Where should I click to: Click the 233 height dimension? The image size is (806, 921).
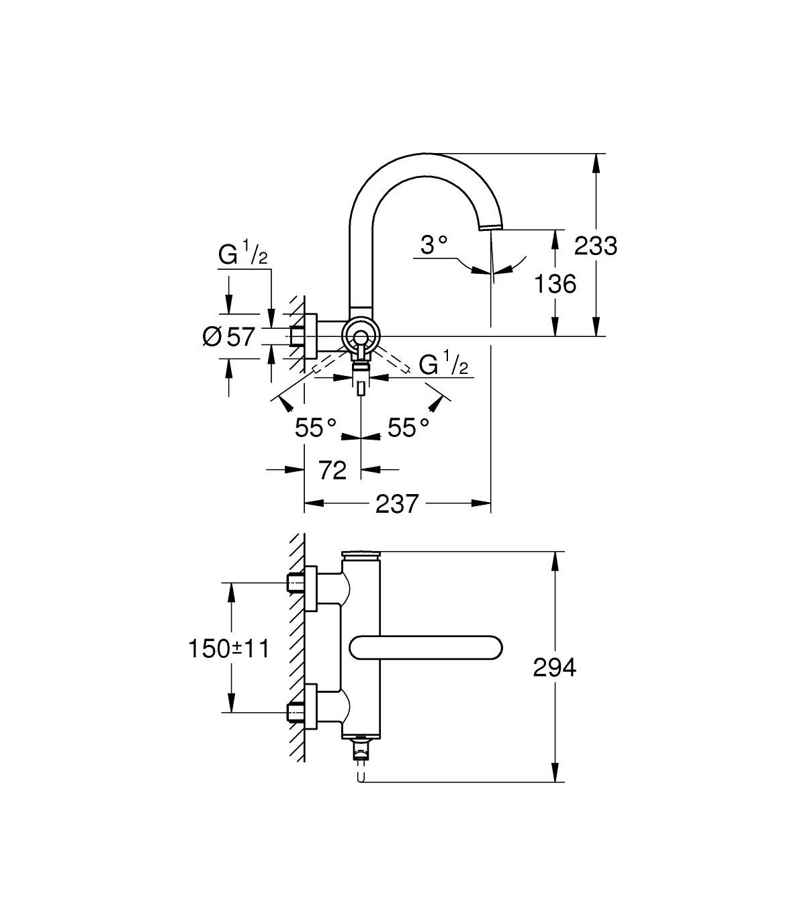(x=595, y=246)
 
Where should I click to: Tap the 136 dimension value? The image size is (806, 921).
(x=555, y=284)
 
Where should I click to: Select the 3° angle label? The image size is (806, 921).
(x=434, y=245)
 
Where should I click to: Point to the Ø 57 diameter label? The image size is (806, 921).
(x=229, y=336)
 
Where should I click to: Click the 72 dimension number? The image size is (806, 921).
(x=332, y=471)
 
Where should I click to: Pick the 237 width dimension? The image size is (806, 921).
(x=397, y=503)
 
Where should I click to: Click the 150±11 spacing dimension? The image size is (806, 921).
(x=229, y=649)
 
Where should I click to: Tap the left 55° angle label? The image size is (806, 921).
(x=315, y=427)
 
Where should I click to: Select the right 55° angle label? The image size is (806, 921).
(x=408, y=427)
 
